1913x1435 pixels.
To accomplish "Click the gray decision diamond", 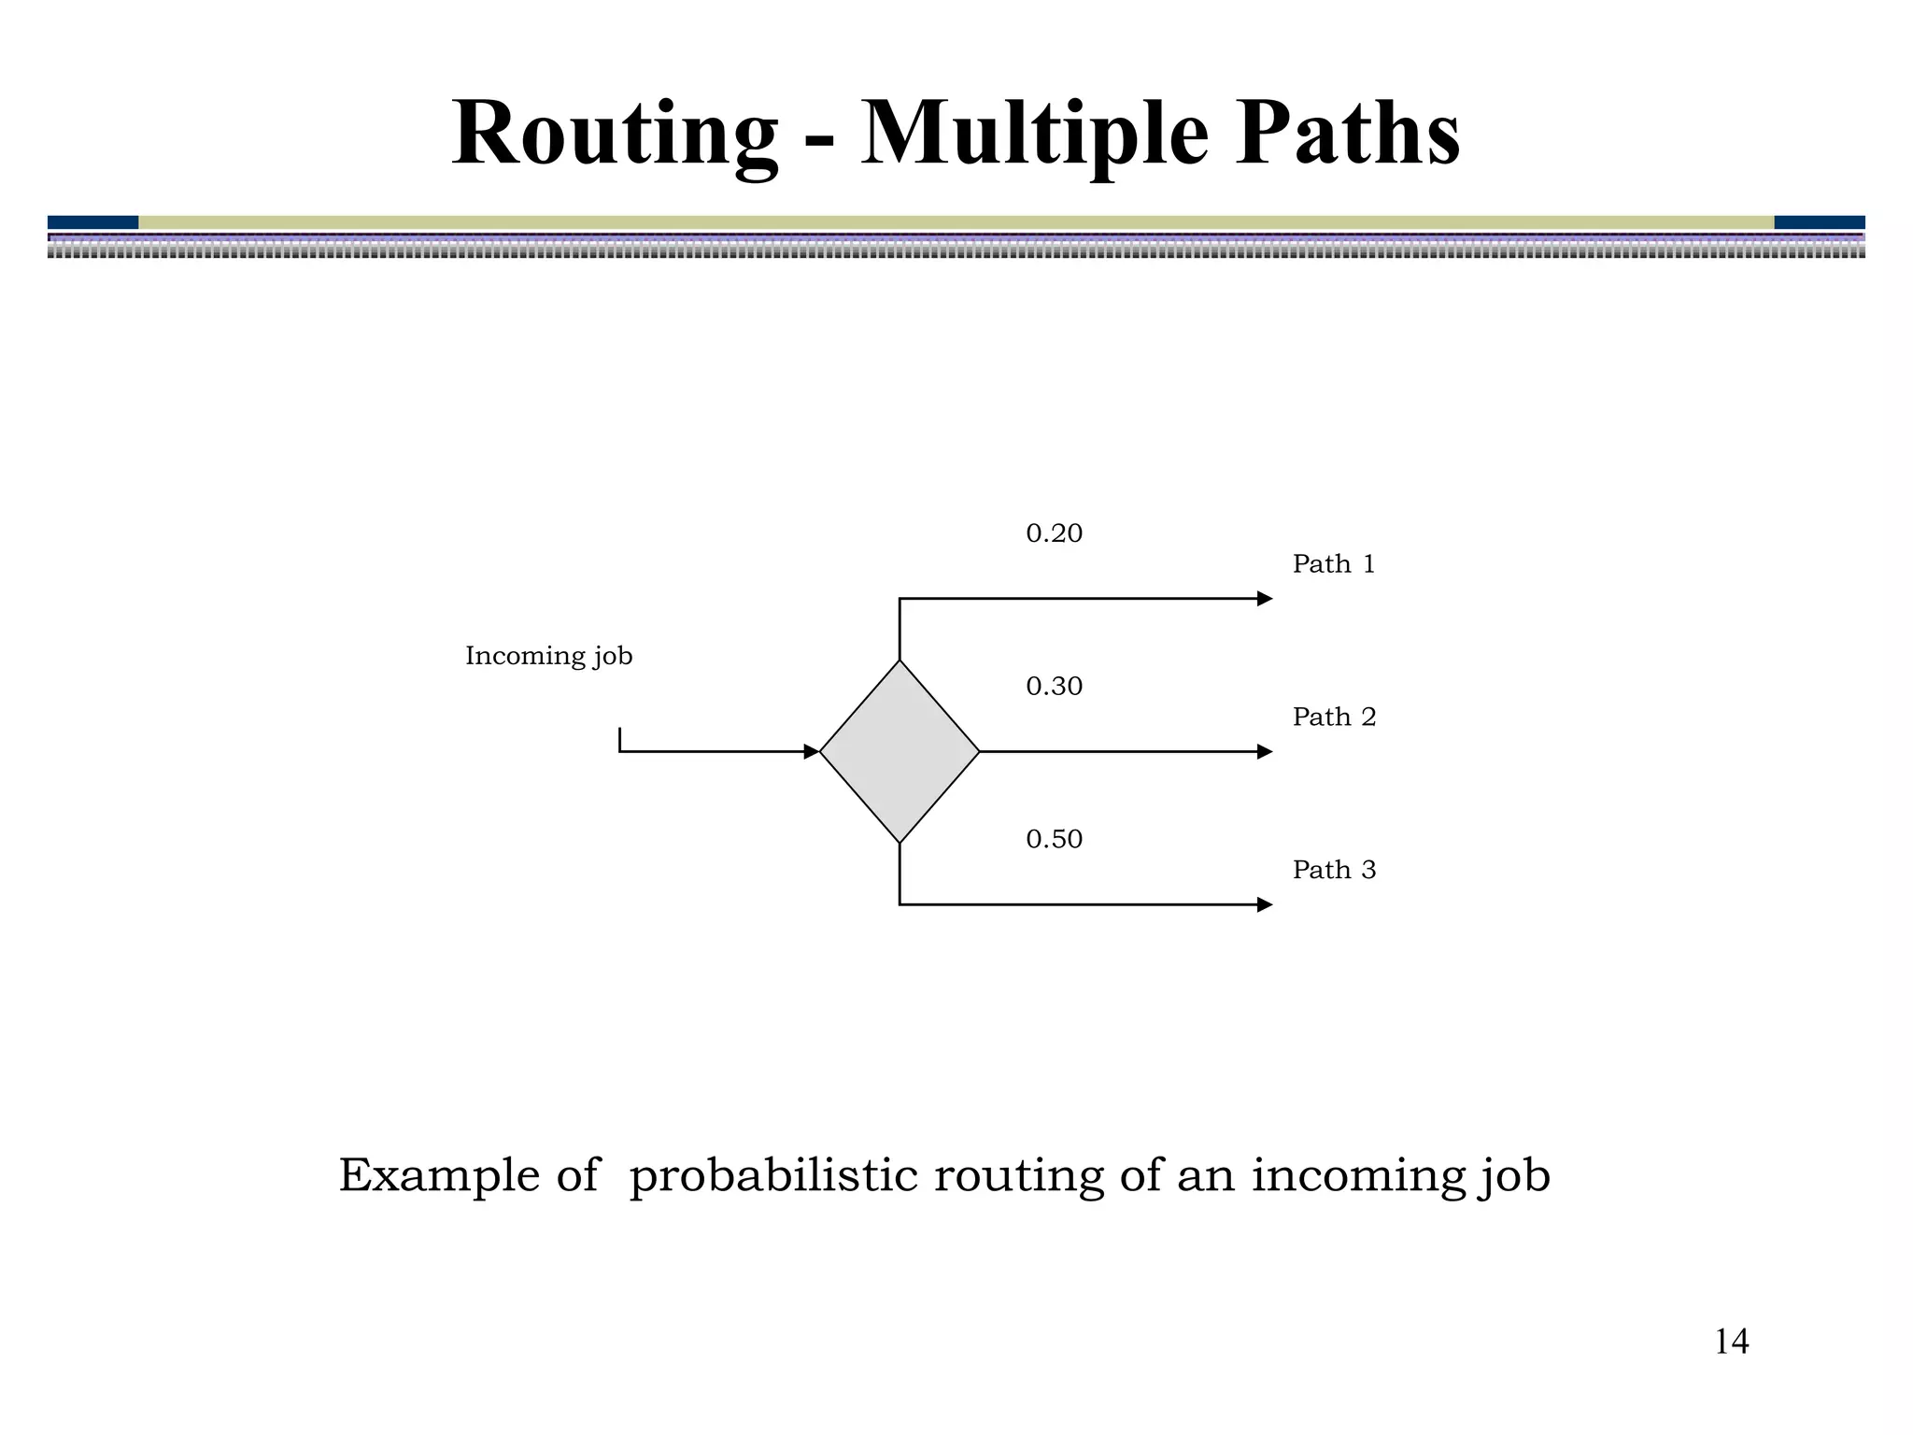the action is point(899,751).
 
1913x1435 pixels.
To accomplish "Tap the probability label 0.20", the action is point(1054,533).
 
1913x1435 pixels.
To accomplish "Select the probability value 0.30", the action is point(1054,687).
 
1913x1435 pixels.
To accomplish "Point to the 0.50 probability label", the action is point(1054,840).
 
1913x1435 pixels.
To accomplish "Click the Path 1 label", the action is point(1333,564).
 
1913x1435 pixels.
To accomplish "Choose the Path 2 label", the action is point(1333,717).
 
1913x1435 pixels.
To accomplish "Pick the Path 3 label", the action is point(1333,871).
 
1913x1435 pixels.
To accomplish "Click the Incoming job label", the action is point(548,656).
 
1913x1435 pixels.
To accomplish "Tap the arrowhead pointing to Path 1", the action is point(1265,598).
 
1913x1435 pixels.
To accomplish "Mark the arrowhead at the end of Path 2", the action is point(1265,751).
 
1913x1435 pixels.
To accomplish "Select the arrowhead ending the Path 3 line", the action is point(1265,904).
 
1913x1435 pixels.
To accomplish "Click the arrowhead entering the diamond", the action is point(811,751).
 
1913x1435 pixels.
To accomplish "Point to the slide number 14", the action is point(1731,1342).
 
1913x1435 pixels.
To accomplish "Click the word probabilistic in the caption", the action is point(773,1175).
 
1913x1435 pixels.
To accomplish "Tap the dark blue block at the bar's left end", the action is point(92,222).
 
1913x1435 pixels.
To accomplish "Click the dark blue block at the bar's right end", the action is point(1819,222).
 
